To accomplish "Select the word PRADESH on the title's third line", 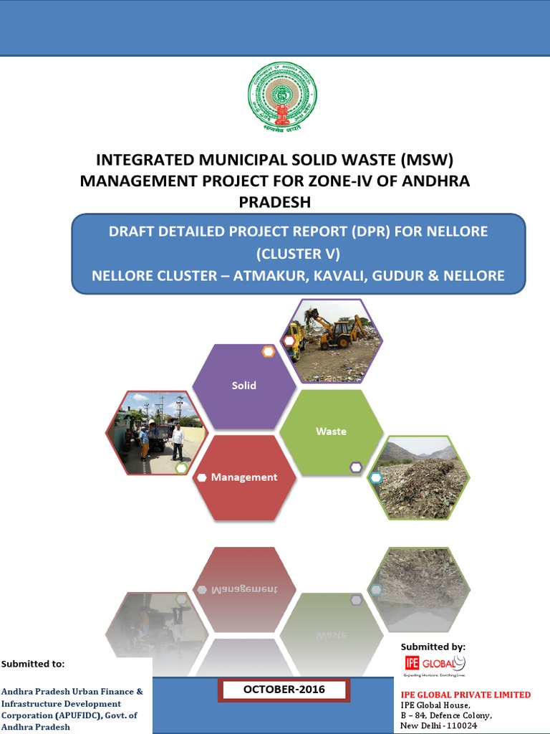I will coord(275,202).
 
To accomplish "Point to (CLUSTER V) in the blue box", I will coord(298,253).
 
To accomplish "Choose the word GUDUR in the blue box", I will coord(397,275).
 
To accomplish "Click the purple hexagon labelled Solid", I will coord(244,386).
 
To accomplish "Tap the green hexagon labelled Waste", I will coord(331,432).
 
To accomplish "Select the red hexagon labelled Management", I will coord(244,477).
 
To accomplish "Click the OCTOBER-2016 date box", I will coord(284,690).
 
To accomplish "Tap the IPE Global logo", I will coord(434,664).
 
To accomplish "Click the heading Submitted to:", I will coord(33,664).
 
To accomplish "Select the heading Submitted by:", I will coord(433,647).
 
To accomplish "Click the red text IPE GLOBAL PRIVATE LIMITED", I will coord(465,695).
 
